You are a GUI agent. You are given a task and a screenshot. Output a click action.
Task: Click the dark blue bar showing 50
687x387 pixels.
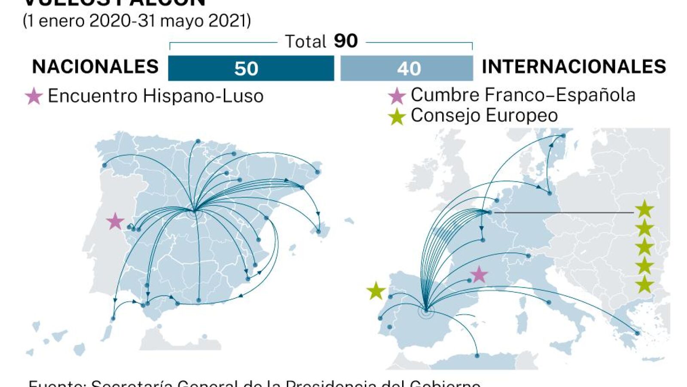(251, 68)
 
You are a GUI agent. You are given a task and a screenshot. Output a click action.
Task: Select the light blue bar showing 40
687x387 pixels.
(406, 68)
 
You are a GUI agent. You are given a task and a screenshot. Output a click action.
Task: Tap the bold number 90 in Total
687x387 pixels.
(345, 41)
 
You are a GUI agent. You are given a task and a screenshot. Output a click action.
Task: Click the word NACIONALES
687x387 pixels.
(95, 67)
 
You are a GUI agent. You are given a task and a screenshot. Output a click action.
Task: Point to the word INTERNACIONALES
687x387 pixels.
(574, 67)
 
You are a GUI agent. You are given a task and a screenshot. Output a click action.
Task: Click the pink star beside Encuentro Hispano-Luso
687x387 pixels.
(34, 96)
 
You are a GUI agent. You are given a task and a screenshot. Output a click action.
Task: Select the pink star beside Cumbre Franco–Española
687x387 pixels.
(397, 96)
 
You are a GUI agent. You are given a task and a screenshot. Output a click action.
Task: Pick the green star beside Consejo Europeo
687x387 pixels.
(397, 117)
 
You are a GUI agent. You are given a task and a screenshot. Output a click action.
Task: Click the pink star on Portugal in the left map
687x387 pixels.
(115, 221)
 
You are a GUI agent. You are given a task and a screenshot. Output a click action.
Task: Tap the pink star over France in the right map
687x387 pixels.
(479, 274)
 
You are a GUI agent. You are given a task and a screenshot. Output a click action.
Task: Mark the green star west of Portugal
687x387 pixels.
(376, 291)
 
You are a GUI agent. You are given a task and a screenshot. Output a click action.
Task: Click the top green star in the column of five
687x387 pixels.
(644, 209)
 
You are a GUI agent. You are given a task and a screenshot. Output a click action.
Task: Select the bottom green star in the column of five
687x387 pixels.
(644, 285)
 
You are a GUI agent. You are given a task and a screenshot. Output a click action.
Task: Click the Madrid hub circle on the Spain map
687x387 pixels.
(195, 211)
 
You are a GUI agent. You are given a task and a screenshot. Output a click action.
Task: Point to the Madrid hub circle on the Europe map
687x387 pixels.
(426, 310)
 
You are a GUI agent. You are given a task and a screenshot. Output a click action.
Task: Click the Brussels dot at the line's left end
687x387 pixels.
(490, 212)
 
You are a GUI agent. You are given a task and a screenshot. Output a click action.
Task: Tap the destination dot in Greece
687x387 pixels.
(637, 333)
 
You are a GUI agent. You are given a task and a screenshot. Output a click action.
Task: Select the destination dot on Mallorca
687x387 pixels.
(318, 231)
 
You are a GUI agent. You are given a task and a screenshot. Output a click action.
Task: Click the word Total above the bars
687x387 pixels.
(305, 42)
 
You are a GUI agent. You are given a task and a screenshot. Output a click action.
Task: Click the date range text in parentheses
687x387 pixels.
(137, 21)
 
